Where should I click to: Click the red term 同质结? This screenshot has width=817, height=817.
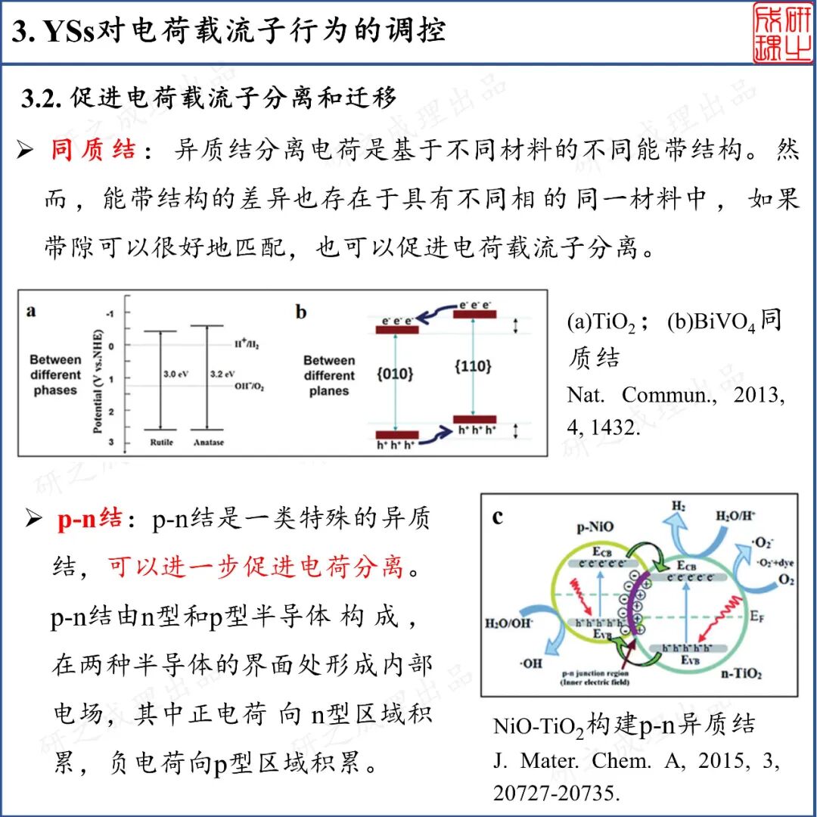coord(93,150)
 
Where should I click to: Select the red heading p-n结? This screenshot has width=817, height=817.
coord(89,520)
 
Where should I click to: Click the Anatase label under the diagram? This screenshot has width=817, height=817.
coord(208,443)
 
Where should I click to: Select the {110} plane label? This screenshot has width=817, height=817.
coord(473,366)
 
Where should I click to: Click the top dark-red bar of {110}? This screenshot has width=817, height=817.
coord(474,313)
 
